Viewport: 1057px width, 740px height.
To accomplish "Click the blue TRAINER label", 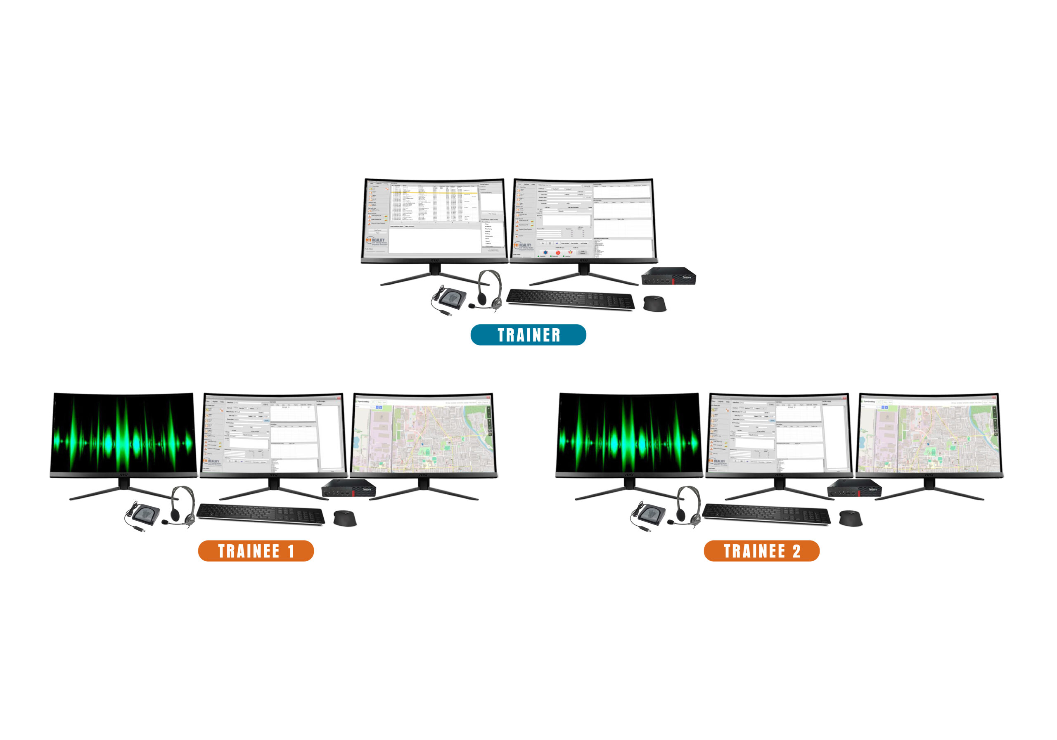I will coord(528,335).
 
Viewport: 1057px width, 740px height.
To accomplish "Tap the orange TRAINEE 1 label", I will coord(256,551).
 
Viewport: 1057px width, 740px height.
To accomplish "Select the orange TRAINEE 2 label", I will coord(761,551).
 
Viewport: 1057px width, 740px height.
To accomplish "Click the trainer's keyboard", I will coord(570,299).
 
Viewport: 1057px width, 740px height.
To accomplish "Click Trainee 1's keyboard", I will coord(261,514).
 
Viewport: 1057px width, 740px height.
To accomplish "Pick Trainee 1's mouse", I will coord(344,518).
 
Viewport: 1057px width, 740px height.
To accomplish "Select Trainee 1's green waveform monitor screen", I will coord(123,433).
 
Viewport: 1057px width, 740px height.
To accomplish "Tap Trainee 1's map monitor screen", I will coord(423,433).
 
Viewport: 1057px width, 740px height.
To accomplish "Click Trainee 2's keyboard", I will coord(766,514).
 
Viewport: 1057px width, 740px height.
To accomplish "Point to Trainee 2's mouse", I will coord(850,518).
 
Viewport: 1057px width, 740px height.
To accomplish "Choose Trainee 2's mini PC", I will coord(854,489).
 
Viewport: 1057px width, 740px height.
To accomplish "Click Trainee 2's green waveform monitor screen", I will coord(629,433).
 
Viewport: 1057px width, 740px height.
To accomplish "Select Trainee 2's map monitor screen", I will coord(929,433).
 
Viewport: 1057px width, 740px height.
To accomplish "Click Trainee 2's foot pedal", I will coord(649,513).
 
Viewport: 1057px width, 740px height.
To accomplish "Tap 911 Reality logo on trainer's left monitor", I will coord(376,241).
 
